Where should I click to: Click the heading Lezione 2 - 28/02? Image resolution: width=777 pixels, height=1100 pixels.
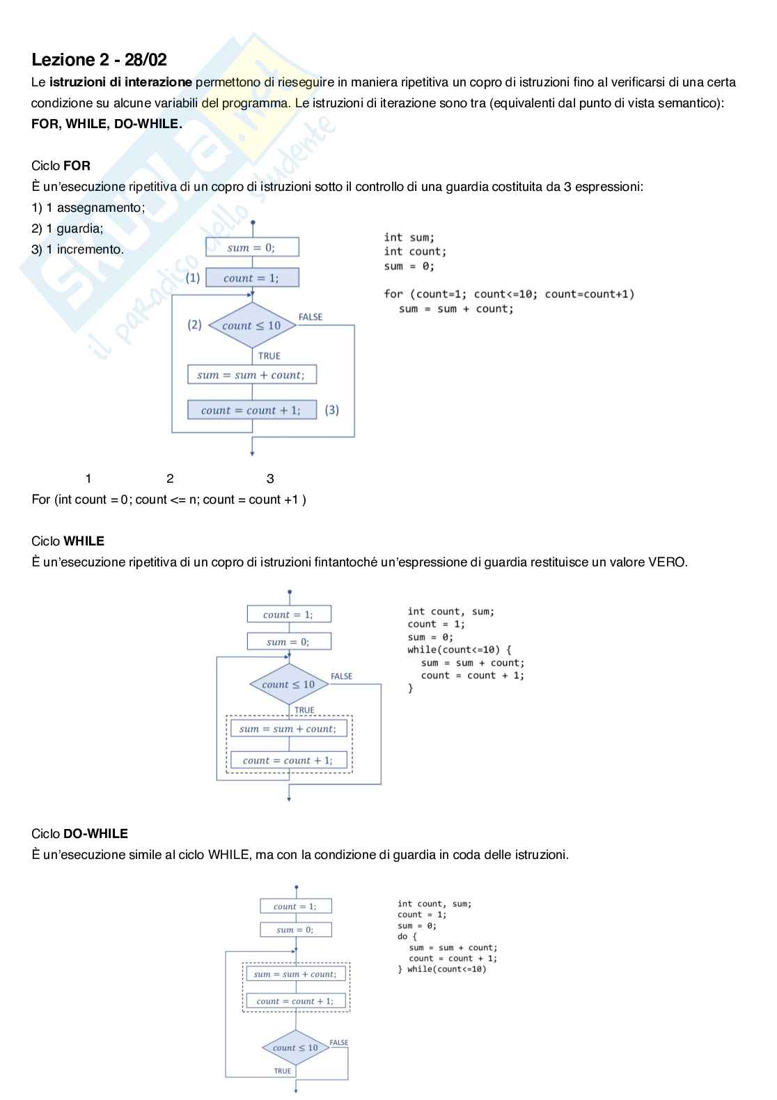click(99, 60)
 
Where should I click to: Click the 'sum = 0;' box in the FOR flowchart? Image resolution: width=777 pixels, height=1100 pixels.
click(252, 247)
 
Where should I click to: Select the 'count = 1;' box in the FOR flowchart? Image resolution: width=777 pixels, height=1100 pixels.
click(252, 278)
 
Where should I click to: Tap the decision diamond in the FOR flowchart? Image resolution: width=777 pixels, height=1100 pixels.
click(252, 325)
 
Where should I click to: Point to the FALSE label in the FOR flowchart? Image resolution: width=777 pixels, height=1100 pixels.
click(311, 317)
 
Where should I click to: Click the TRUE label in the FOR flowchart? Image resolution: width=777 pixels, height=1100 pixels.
click(269, 356)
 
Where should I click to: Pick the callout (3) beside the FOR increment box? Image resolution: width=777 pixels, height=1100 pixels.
click(332, 410)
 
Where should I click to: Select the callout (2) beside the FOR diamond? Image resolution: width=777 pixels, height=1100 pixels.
click(194, 325)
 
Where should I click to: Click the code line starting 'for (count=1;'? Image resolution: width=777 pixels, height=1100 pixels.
click(509, 294)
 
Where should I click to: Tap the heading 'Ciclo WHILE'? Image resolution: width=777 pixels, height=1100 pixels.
click(68, 541)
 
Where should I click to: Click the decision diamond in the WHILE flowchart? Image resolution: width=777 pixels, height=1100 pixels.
click(288, 684)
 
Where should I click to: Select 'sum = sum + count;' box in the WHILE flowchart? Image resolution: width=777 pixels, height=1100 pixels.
click(288, 729)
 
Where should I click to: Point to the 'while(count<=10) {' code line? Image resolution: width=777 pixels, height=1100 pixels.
click(460, 650)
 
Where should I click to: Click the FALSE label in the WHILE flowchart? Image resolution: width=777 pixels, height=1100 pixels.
click(341, 676)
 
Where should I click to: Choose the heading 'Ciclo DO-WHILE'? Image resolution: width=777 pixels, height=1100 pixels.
click(79, 833)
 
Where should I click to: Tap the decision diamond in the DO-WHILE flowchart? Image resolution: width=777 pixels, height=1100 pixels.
click(296, 1048)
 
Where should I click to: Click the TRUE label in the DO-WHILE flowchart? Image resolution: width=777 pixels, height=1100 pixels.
click(282, 1071)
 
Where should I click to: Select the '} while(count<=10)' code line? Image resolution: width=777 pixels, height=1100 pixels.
click(442, 969)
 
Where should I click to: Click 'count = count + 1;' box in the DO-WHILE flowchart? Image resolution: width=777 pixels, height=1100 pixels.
click(295, 1001)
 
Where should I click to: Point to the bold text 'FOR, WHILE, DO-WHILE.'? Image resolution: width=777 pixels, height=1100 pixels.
click(107, 124)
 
